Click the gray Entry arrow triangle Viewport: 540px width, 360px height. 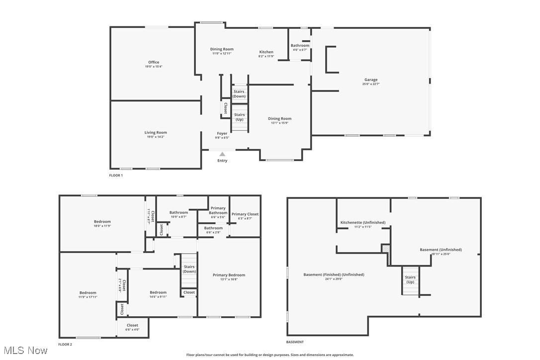(x=222, y=154)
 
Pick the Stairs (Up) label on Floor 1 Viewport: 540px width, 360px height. (x=239, y=117)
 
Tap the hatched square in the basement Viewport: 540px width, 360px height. (x=385, y=248)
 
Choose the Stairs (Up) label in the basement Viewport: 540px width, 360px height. (x=410, y=279)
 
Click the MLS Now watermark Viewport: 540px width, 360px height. (x=24, y=351)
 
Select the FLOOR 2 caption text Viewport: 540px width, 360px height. (x=65, y=344)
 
